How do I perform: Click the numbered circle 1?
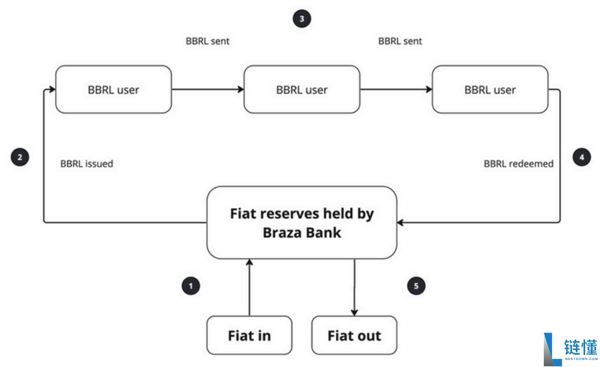(x=191, y=286)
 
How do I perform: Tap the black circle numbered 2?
(x=20, y=158)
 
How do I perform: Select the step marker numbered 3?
(x=301, y=19)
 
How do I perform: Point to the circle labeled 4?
(x=582, y=158)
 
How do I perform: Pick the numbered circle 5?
(x=416, y=286)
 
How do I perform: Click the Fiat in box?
(x=249, y=335)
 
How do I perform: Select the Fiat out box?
(x=354, y=335)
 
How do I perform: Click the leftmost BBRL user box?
(x=113, y=90)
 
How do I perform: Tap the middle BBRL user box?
(x=301, y=90)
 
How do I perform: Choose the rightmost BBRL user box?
(x=490, y=90)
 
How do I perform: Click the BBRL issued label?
(x=87, y=164)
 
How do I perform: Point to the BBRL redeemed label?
(x=518, y=164)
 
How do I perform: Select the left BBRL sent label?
(x=207, y=41)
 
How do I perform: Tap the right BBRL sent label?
(x=400, y=41)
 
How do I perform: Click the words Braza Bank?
(x=302, y=233)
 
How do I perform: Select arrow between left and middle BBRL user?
(x=207, y=90)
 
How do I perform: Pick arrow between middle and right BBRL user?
(x=396, y=90)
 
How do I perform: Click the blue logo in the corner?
(x=553, y=348)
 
